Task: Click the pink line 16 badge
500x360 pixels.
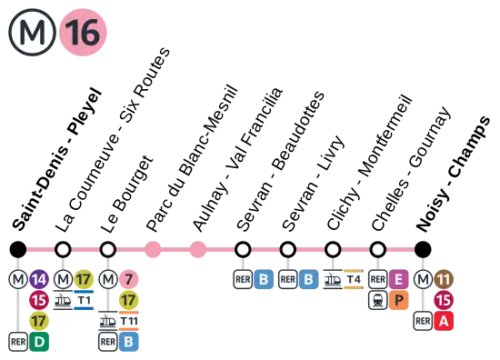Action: pyautogui.click(x=83, y=32)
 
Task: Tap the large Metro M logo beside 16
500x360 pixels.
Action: pyautogui.click(x=32, y=32)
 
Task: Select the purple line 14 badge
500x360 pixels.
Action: pyautogui.click(x=39, y=279)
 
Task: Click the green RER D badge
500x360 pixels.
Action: pyautogui.click(x=39, y=342)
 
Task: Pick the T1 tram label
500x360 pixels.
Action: pyautogui.click(x=84, y=300)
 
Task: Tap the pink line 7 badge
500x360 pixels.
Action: pyautogui.click(x=129, y=279)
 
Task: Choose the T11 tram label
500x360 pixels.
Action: pyautogui.click(x=129, y=321)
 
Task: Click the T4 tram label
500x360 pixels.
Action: pyautogui.click(x=354, y=279)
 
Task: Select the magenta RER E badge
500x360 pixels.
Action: pyautogui.click(x=398, y=279)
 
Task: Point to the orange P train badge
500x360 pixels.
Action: pyautogui.click(x=398, y=300)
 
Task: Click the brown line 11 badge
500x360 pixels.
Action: pyautogui.click(x=444, y=279)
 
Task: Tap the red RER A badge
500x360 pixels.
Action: pyautogui.click(x=444, y=321)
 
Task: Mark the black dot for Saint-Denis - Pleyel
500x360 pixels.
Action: pyautogui.click(x=18, y=249)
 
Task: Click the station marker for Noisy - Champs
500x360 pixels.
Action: pyautogui.click(x=423, y=249)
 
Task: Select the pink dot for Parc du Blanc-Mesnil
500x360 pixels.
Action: pyautogui.click(x=153, y=249)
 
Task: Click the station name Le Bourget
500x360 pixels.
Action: pyautogui.click(x=127, y=194)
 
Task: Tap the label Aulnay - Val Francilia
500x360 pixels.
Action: pyautogui.click(x=237, y=159)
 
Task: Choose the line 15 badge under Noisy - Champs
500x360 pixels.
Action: pyautogui.click(x=444, y=300)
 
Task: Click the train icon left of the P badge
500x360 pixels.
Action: pyautogui.click(x=378, y=300)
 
